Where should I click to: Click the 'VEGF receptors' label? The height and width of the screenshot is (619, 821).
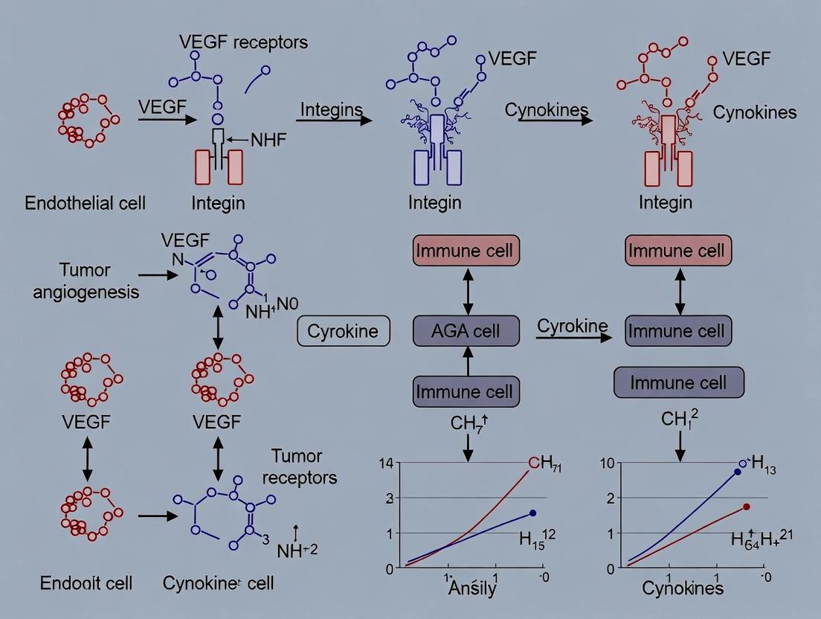243,41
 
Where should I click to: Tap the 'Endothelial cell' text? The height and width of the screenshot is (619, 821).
86,202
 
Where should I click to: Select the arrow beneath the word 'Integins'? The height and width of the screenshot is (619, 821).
335,119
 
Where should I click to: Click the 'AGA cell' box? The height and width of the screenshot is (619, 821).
466,331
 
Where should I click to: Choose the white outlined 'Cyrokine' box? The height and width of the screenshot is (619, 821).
343,331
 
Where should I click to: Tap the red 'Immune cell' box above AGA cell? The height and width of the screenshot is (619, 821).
466,250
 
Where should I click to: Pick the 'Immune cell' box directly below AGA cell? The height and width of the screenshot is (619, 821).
466,391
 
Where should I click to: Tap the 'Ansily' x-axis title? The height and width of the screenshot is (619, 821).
472,588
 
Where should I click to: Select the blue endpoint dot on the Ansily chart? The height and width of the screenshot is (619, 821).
533,513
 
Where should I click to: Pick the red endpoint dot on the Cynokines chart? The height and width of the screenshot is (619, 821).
747,507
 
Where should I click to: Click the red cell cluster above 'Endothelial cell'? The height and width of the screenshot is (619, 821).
83,120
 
